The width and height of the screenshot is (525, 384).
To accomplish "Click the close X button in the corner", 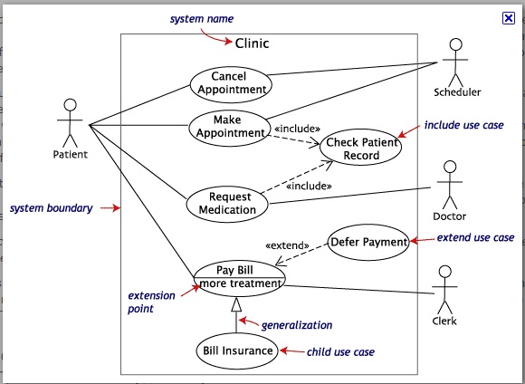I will (509, 17).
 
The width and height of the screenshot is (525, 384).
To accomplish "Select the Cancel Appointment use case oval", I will (229, 83).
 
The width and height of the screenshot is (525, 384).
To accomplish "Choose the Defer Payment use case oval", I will (367, 242).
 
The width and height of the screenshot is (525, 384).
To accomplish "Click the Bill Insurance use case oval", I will (238, 350).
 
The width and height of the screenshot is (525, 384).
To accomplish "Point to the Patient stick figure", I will (70, 123).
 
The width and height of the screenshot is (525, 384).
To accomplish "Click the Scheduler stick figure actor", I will (457, 61).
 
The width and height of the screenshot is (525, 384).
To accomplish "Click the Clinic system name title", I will (252, 43).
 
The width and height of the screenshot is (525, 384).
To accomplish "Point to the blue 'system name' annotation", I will (201, 19).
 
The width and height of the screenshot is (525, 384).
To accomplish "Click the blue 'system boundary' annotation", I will (51, 208).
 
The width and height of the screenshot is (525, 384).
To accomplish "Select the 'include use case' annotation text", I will (463, 125).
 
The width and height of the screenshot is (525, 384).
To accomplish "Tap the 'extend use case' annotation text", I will (475, 238).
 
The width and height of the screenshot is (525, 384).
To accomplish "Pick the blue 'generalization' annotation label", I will (296, 325).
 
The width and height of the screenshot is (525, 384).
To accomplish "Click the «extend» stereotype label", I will (287, 245).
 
